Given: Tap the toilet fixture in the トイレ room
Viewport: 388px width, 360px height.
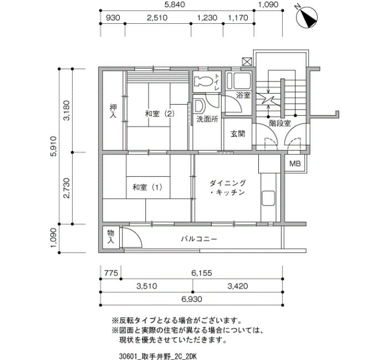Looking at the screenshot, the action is click(x=203, y=81).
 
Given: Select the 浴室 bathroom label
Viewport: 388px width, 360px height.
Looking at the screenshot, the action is click(x=243, y=95).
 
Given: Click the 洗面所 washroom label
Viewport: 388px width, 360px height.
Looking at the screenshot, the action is click(x=207, y=119).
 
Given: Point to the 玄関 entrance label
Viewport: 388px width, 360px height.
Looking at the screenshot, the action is click(x=238, y=134).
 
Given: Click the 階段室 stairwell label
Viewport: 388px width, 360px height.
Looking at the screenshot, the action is click(x=280, y=123).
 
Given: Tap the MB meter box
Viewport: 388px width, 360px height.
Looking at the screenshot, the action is click(x=295, y=163).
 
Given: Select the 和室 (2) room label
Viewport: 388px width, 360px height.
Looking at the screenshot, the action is click(x=160, y=114).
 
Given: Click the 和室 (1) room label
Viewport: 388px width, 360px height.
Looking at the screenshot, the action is click(x=147, y=187).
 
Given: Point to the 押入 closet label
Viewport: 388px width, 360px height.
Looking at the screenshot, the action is click(x=113, y=111).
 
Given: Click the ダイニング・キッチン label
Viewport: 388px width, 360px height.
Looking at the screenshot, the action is click(x=228, y=188).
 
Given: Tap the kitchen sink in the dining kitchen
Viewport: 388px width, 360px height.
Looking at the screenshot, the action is click(x=268, y=198).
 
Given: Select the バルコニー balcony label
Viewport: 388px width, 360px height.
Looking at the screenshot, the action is click(x=199, y=239).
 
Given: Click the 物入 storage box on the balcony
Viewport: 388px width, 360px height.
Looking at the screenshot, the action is click(x=111, y=236).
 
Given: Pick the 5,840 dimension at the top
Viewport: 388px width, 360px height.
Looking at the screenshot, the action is click(x=174, y=4).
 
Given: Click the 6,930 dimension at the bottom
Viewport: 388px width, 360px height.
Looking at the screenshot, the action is click(x=192, y=299).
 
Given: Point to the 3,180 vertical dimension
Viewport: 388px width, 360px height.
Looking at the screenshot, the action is click(x=67, y=110).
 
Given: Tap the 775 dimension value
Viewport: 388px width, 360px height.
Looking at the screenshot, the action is click(x=111, y=273).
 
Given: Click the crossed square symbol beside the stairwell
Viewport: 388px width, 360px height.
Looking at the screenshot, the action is click(x=247, y=61).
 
